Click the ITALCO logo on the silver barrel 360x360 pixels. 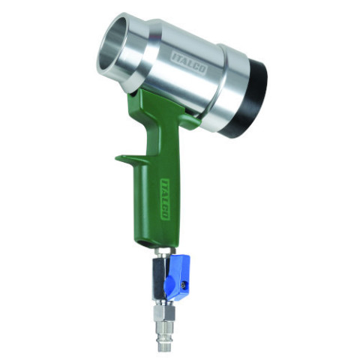click(x=189, y=63)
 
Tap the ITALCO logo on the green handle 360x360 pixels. click(x=164, y=199)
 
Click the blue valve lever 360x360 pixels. click(x=178, y=277)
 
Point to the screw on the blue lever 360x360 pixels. click(x=184, y=284)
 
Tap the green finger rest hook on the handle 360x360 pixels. click(x=129, y=159)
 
